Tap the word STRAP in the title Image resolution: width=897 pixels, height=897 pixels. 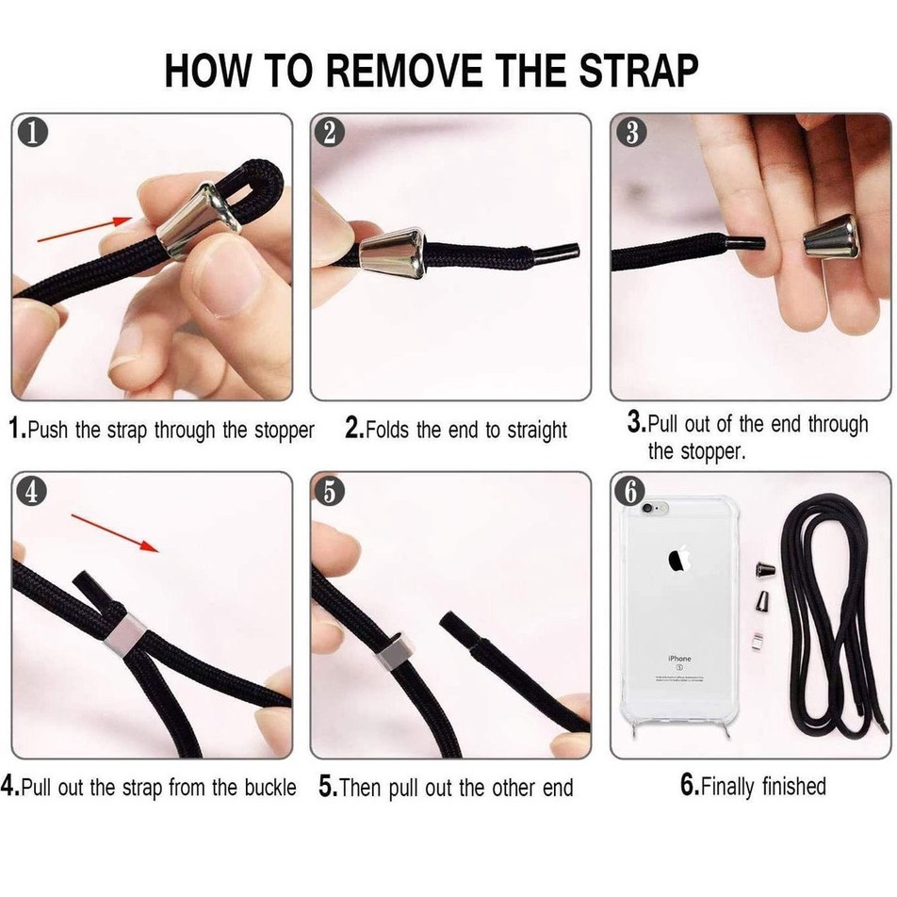639,71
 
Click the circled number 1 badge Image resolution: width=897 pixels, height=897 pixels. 32,132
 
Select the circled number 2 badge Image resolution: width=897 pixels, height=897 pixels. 330,132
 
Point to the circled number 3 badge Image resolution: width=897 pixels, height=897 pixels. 631,132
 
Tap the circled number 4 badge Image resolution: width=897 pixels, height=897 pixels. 32,491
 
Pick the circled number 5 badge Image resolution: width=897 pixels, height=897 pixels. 330,491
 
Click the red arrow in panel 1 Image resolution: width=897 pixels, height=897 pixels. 85,228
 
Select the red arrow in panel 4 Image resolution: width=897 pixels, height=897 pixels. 115,533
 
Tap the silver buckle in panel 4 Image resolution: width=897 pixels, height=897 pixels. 124,636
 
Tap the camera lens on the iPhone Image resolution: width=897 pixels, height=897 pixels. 647,508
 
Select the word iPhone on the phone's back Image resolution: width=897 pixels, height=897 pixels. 679,659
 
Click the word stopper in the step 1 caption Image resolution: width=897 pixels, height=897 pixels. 285,431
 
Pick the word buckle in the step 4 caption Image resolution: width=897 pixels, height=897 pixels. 270,787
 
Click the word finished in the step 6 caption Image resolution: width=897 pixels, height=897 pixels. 794,786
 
